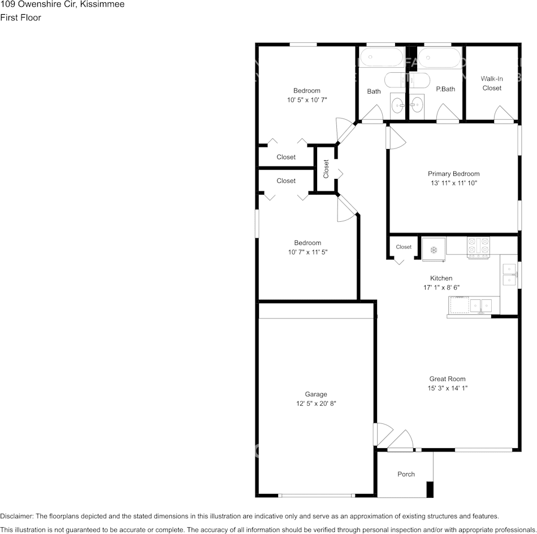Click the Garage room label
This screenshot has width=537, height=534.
[316, 394]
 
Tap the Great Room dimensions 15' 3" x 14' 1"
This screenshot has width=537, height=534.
[447, 388]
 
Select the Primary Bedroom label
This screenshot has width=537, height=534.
[453, 174]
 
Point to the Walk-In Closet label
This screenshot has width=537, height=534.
[492, 83]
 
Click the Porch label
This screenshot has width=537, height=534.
[406, 474]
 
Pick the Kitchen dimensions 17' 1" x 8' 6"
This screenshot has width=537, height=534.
[441, 287]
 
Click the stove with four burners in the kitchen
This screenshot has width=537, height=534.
[478, 248]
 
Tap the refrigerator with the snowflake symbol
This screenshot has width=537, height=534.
[434, 250]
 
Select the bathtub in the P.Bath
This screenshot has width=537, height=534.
[439, 58]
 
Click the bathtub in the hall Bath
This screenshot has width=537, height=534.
[382, 58]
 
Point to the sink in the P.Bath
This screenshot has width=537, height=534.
[417, 104]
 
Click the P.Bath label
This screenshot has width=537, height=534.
[445, 89]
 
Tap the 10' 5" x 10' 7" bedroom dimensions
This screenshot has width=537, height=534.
[307, 100]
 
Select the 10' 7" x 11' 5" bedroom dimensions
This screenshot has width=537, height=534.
[308, 252]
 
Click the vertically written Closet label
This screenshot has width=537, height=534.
[326, 169]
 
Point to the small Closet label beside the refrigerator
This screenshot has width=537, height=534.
[404, 247]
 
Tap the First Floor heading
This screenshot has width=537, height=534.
[20, 17]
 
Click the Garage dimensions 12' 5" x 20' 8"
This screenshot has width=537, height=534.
[316, 403]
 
